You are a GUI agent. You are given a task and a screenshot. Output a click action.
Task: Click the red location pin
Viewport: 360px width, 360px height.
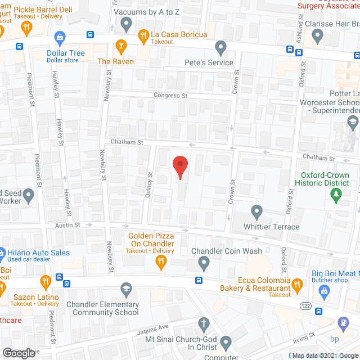[x=179, y=166]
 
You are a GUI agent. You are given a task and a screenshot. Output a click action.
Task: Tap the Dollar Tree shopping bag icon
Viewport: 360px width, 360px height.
[x=59, y=38]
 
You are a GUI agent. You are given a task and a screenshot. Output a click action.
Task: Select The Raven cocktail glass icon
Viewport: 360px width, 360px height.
[x=120, y=45]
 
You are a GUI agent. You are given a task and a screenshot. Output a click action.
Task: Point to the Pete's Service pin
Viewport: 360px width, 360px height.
[x=221, y=47]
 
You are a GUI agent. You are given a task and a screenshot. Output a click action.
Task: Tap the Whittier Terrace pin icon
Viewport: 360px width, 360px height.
[x=256, y=212]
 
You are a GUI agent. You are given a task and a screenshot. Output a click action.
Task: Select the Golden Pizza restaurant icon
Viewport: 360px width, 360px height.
[x=161, y=260]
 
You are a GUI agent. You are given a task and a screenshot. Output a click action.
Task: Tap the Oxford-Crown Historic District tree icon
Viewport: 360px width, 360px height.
[x=336, y=195]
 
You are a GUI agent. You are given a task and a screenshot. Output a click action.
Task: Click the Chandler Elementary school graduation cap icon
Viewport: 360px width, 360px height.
[x=126, y=289]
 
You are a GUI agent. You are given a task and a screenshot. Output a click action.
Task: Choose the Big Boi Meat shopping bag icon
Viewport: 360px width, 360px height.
[x=323, y=290]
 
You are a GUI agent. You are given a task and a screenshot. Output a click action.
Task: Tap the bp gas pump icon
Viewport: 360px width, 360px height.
[x=343, y=323]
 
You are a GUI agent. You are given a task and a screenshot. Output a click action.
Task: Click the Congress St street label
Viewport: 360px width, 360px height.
[x=172, y=96]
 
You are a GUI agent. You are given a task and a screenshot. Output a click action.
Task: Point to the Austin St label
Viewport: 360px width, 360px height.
[x=67, y=224]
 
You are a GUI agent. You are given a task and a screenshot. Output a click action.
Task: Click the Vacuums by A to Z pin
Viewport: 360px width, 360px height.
[x=127, y=24]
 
